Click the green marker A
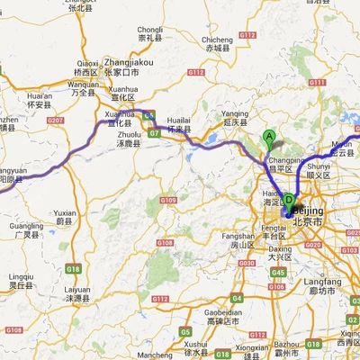[x=268, y=138]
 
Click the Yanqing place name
[x=235, y=114]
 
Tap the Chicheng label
[x=217, y=40]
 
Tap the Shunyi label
[x=319, y=166]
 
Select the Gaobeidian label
[x=220, y=312]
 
